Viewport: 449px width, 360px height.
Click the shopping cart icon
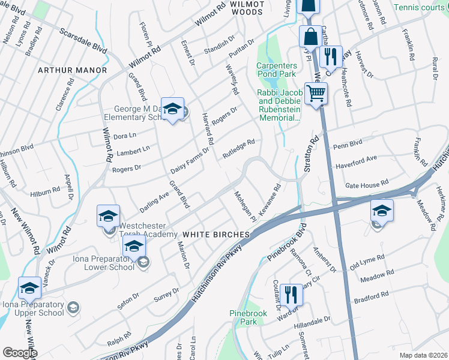316,94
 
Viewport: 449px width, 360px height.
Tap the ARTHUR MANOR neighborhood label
72,70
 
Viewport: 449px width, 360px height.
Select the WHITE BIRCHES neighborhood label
216,234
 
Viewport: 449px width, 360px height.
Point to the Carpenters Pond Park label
277,70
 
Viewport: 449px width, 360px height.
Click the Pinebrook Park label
243,317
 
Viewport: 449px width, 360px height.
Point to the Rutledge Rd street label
240,147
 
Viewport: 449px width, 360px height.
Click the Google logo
20,353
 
